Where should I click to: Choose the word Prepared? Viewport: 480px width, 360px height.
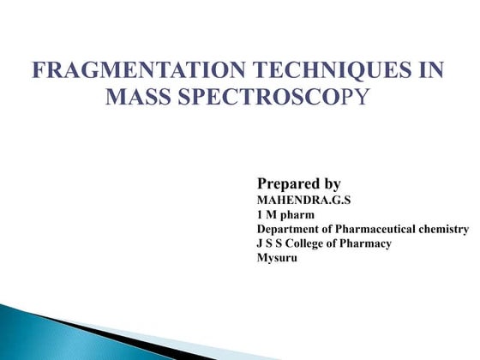[290, 183]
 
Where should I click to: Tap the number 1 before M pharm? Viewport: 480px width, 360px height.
[261, 214]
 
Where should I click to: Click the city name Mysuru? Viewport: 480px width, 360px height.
[277, 258]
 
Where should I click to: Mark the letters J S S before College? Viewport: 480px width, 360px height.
[270, 243]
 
